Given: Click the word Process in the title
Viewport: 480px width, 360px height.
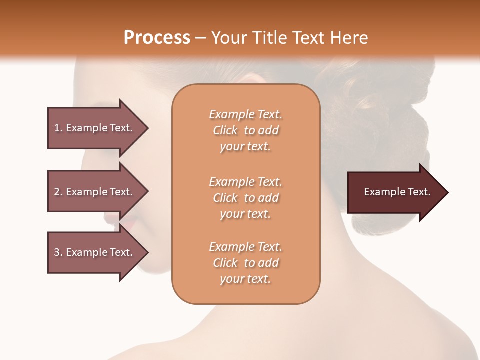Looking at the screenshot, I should (x=157, y=38).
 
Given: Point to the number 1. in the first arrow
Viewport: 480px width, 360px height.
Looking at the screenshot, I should (x=58, y=128).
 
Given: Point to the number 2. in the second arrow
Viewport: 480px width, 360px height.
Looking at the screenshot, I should (x=58, y=192).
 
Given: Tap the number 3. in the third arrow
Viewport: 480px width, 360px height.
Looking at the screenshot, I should (x=58, y=252).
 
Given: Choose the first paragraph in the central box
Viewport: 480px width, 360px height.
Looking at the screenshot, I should (x=245, y=130).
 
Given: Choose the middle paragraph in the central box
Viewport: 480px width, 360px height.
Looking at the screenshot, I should (x=245, y=198).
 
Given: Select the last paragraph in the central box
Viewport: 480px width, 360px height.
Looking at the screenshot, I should (x=245, y=263).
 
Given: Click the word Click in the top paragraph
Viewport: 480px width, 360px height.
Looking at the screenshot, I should (x=225, y=131).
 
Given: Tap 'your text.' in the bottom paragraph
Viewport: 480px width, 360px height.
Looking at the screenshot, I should (x=245, y=279).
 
